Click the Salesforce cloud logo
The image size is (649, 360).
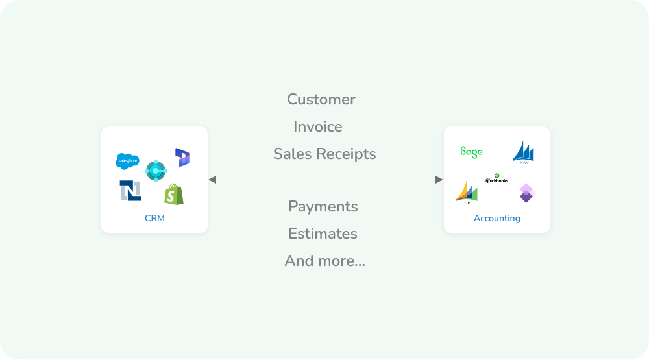[x=127, y=160]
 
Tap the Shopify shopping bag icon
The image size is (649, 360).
[x=174, y=194]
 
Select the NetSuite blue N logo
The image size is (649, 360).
[x=130, y=191]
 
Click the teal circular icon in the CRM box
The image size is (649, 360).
[x=156, y=171]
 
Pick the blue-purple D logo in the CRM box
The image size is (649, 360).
[x=182, y=157]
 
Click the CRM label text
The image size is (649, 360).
[x=154, y=219]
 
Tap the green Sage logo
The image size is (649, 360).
[x=471, y=152]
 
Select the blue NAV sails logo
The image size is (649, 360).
[x=523, y=153]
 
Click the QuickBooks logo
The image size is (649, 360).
[x=497, y=178]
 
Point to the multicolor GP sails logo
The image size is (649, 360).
[x=467, y=193]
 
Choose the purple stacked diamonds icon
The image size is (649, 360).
[x=526, y=193]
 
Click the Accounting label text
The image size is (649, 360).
[x=497, y=219]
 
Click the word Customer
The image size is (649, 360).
[x=321, y=100]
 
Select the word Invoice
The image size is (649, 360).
[x=318, y=127]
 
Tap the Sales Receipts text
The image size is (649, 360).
[x=324, y=154]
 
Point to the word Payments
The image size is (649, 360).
[x=323, y=207]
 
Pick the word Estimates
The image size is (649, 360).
[x=323, y=234]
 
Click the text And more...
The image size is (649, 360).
[x=324, y=261]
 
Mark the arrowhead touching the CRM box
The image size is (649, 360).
[x=213, y=180]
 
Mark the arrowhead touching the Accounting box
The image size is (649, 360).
[x=439, y=180]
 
